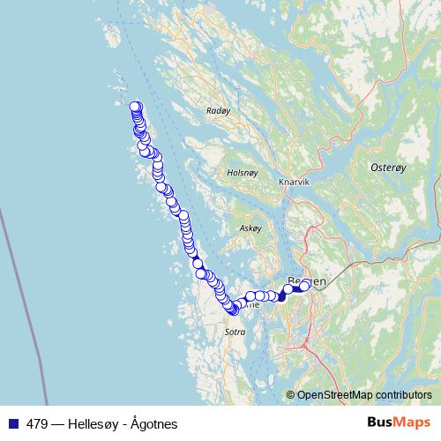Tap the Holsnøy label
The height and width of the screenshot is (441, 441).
pos(241,173)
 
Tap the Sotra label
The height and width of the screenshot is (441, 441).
pos(235,332)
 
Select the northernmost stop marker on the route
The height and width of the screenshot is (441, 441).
pos(135,108)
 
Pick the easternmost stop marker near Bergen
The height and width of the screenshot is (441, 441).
pos(305,286)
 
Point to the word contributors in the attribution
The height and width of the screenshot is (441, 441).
pos(406,395)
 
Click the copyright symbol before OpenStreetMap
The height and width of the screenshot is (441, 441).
pos(291,395)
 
